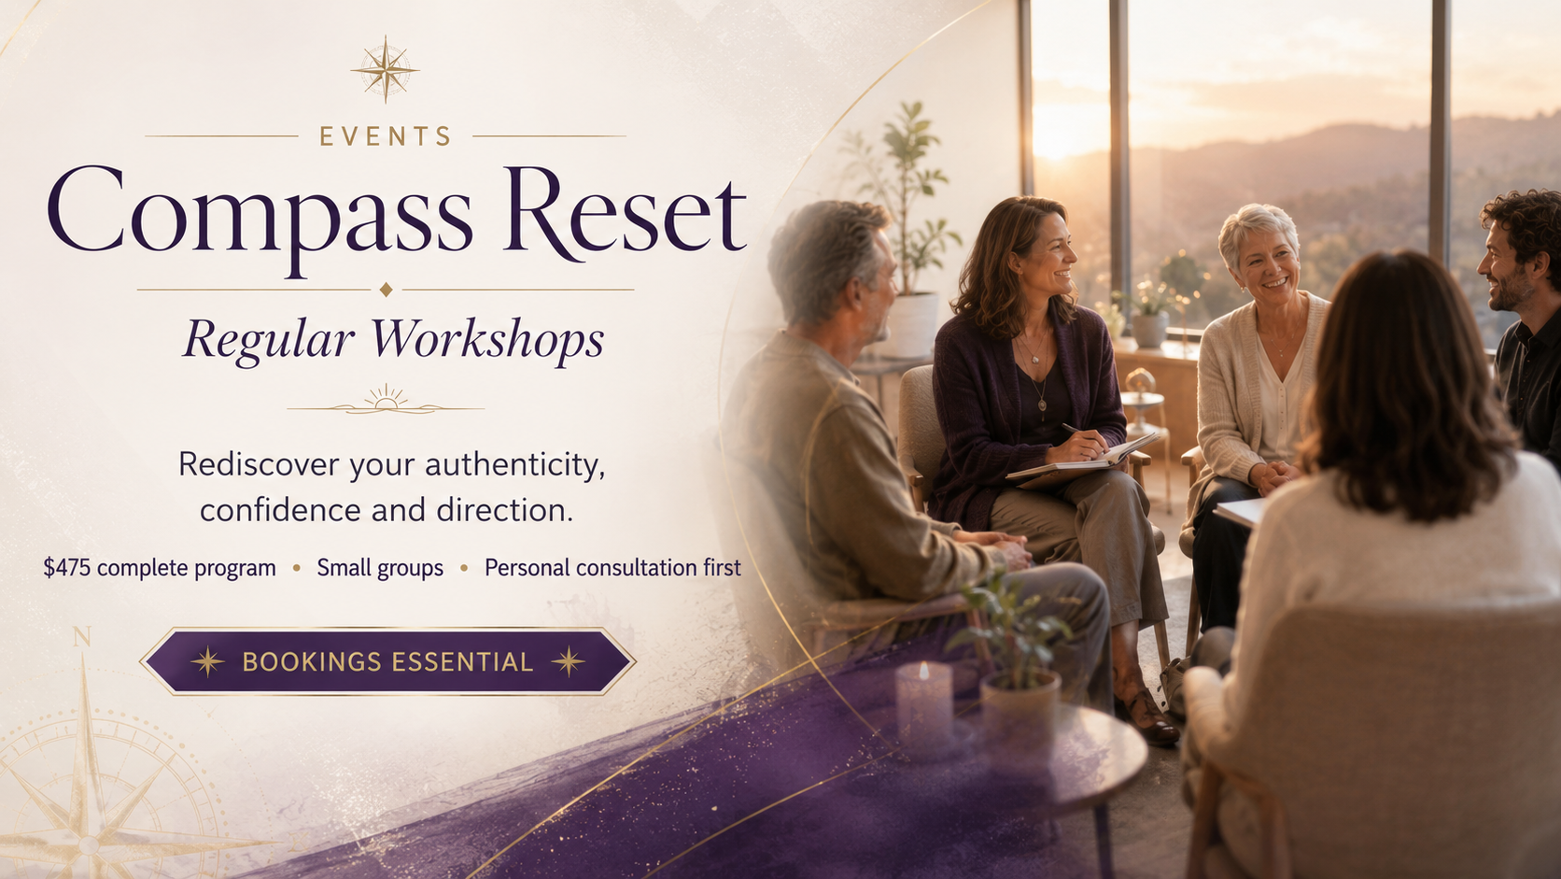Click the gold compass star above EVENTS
coord(385,70)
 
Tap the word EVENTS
coord(386,136)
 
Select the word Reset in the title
coord(626,213)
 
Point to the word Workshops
coord(486,341)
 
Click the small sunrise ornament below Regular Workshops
coord(386,400)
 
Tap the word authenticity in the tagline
coord(515,465)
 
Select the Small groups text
coord(380,568)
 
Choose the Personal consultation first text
coord(612,568)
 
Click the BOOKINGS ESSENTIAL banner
coord(387,661)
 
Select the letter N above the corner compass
coord(82,636)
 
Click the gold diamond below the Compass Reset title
coord(386,290)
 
